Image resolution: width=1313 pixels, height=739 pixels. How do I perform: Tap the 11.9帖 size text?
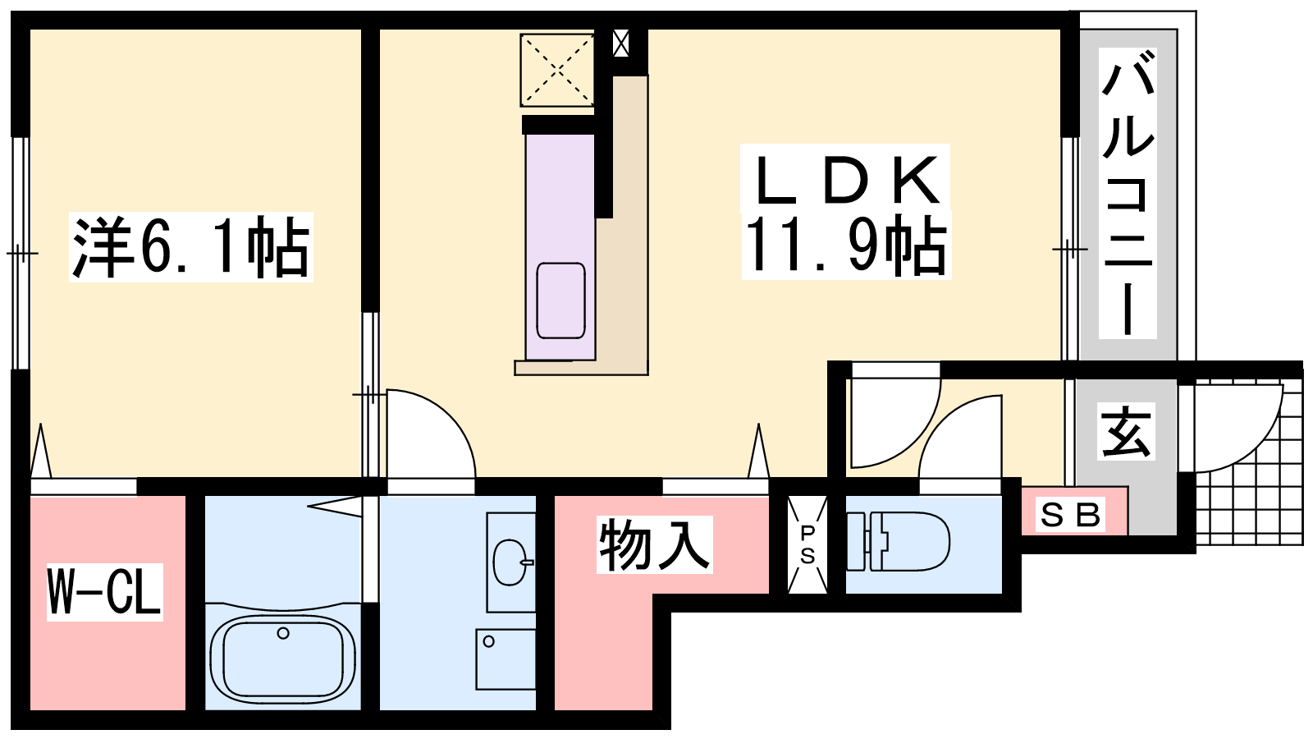point(845,246)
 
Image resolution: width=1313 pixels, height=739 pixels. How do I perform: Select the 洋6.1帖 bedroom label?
point(190,247)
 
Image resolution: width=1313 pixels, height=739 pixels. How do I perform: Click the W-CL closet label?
point(104,591)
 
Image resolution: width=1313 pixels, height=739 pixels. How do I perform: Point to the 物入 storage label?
point(654,544)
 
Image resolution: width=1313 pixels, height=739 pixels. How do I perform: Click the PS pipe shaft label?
point(807,545)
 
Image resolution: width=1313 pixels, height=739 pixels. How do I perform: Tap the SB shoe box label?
point(1070,516)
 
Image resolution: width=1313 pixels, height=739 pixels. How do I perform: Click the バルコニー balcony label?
point(1128,194)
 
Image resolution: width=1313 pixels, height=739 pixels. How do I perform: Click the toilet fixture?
point(898,541)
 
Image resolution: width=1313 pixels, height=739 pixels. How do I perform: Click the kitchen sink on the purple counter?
point(560,301)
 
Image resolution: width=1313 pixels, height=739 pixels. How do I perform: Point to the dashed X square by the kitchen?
point(557,71)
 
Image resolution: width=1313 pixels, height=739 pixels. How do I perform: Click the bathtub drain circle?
point(283,633)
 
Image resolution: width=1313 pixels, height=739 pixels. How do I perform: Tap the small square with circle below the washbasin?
point(506,659)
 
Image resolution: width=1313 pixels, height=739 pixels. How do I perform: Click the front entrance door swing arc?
point(1260,446)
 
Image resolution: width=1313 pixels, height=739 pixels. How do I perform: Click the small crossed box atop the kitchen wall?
point(620,43)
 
